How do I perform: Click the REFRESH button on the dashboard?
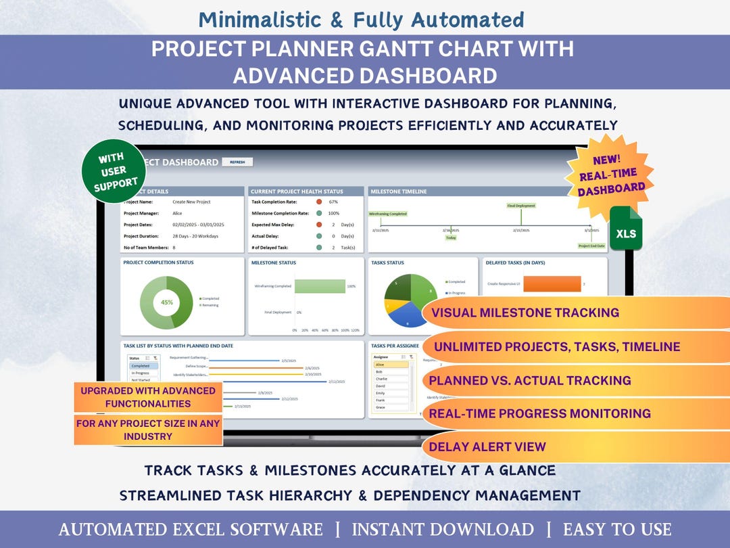coord(237,162)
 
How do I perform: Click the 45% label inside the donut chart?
coord(167,302)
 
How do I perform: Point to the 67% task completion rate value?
coord(333,202)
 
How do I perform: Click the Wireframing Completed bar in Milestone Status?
coord(320,286)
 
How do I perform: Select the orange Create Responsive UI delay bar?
coord(552,284)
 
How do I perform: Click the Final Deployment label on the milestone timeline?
coord(521,206)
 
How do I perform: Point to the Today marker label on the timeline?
coord(451,237)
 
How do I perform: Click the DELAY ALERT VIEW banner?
coord(487,447)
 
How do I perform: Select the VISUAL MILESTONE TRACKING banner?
coord(525,313)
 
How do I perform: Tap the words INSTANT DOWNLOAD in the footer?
coord(443,530)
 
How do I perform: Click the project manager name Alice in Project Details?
coord(177,213)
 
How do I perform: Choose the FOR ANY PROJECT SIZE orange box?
coord(148,430)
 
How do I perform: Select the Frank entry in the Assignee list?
coord(380,401)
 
